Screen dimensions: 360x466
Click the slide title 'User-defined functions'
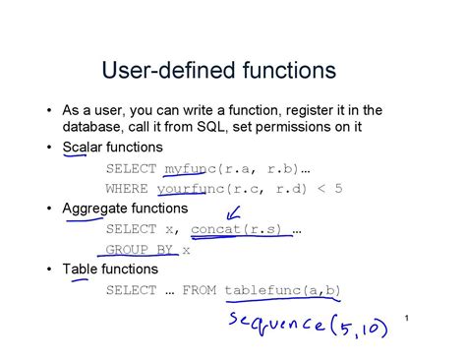[218, 71]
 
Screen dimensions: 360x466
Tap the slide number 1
[404, 318]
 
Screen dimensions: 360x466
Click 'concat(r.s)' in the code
[237, 229]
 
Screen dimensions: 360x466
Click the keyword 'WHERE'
[126, 188]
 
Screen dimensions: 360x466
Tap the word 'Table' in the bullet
[81, 269]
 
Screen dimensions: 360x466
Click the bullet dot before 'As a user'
[49, 109]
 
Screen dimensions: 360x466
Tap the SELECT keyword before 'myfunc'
[130, 168]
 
